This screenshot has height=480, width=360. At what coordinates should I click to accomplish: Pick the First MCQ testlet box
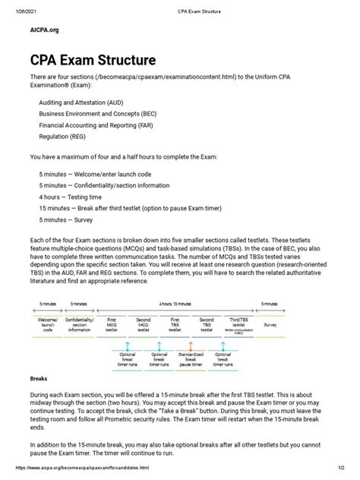tap(112, 324)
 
